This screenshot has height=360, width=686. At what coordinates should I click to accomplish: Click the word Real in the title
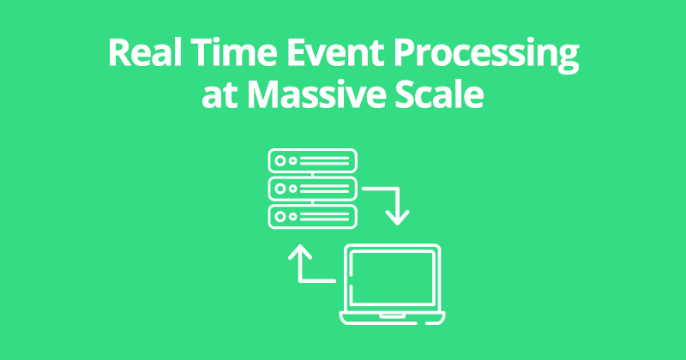pyautogui.click(x=145, y=52)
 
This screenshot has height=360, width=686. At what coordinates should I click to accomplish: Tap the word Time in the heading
pyautogui.click(x=234, y=52)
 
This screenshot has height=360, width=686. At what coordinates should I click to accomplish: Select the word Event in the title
pyautogui.click(x=335, y=52)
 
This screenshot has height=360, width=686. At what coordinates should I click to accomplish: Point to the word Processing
pyautogui.click(x=486, y=56)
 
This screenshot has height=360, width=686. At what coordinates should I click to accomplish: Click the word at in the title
pyautogui.click(x=220, y=96)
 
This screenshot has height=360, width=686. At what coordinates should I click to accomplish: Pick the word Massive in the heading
pyautogui.click(x=316, y=94)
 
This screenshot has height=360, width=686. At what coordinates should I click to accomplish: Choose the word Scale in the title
pyautogui.click(x=439, y=94)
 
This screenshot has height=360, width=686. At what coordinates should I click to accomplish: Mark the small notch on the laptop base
pyautogui.click(x=393, y=315)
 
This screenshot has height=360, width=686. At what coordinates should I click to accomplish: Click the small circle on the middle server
pyautogui.click(x=293, y=189)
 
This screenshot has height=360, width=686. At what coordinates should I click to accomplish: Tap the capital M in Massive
pyautogui.click(x=265, y=94)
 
